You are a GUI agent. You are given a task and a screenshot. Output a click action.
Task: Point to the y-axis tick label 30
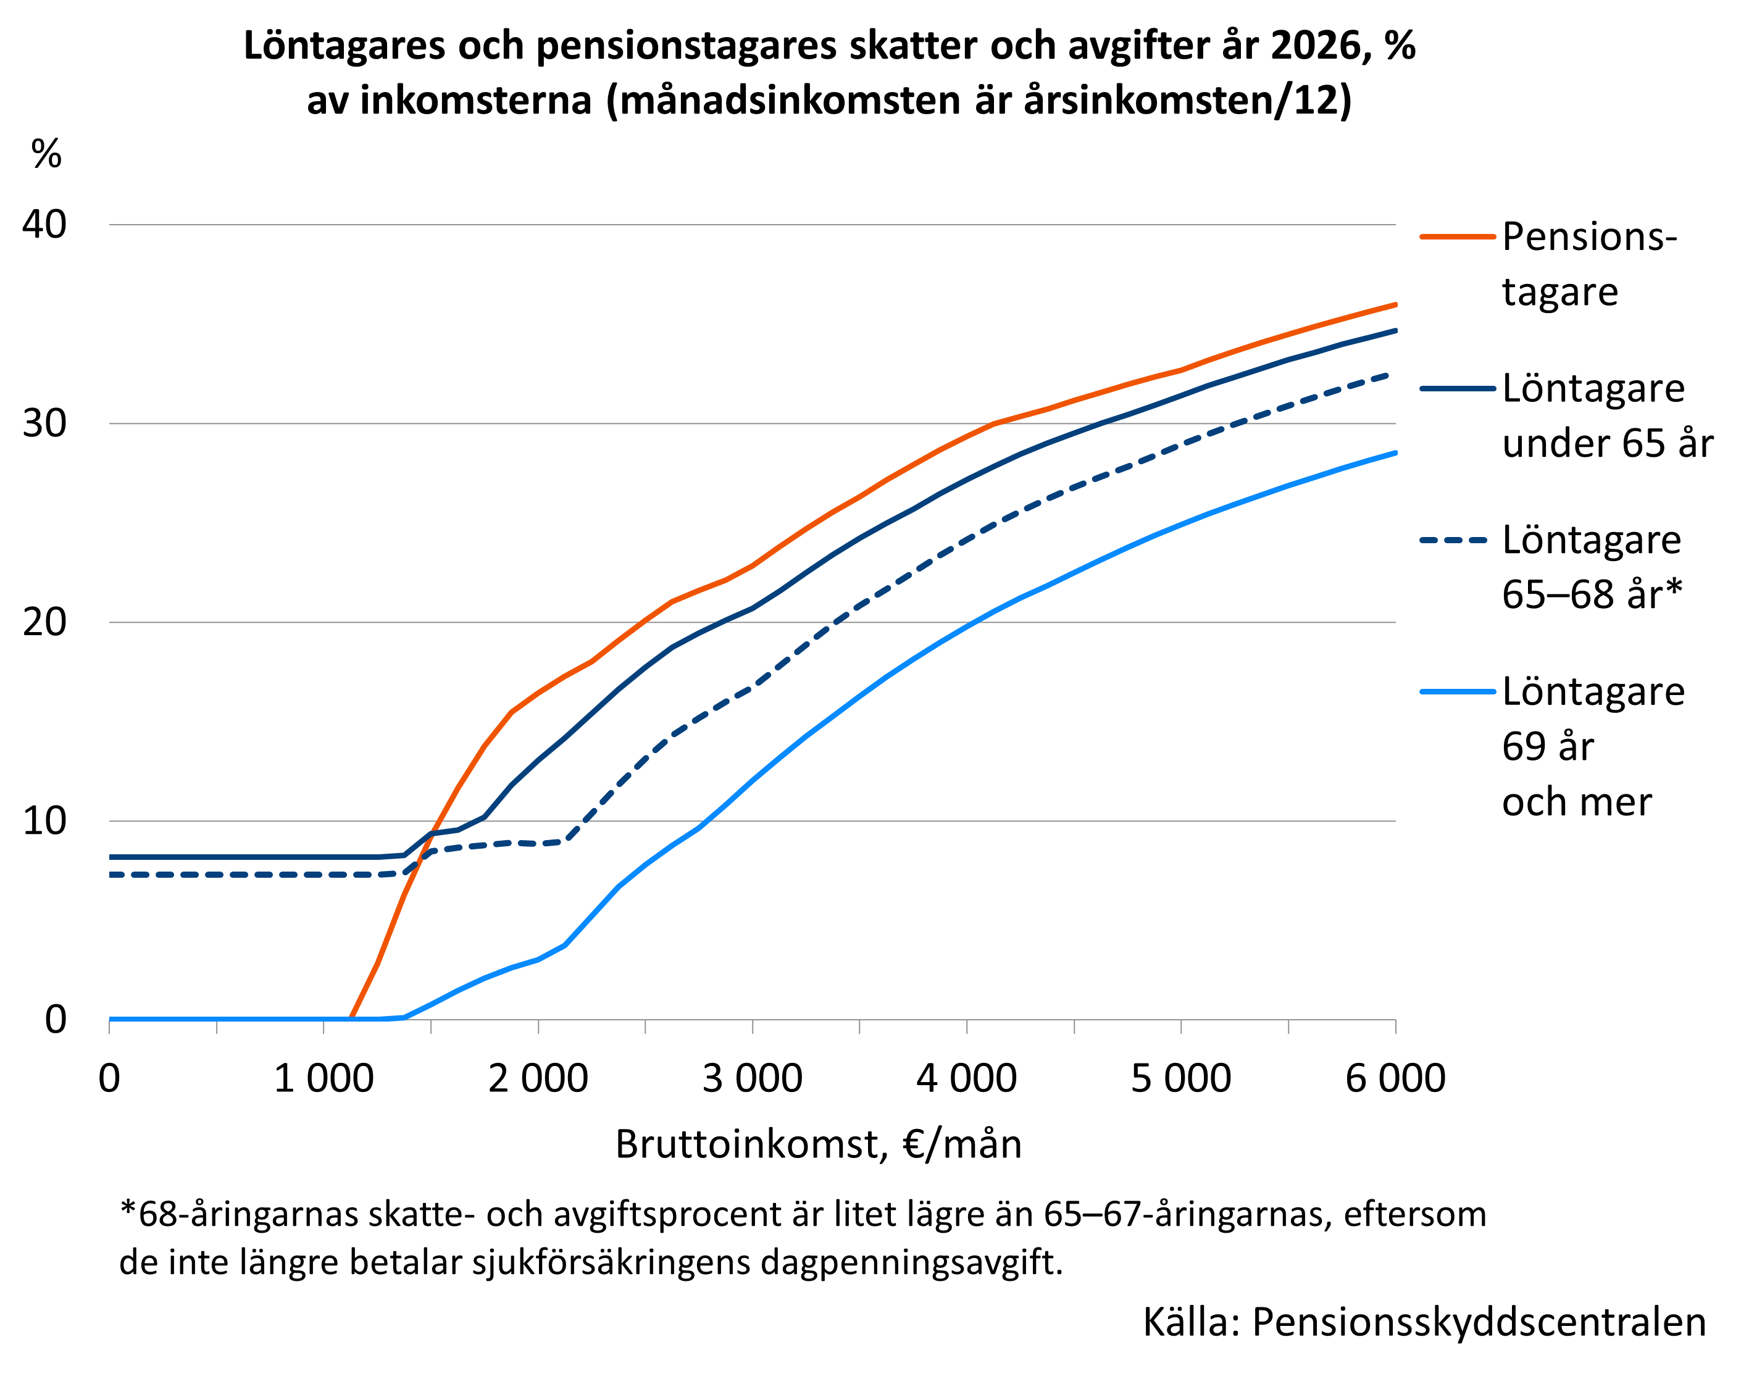44,423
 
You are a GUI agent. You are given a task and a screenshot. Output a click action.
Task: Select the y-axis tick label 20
44,622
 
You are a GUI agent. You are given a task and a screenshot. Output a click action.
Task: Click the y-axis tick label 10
44,821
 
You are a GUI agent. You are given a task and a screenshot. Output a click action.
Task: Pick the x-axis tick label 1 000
324,1078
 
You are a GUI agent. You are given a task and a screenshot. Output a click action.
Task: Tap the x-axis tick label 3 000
752,1078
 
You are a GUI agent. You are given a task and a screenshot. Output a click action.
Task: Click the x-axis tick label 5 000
1180,1078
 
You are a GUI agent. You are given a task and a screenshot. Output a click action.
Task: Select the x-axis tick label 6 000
1395,1078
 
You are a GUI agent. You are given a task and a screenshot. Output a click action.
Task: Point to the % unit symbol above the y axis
46,154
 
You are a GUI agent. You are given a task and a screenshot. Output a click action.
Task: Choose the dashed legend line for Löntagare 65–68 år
1457,540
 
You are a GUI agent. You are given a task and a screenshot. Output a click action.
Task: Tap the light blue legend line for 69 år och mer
1457,692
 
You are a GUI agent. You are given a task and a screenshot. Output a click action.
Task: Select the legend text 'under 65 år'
1607,444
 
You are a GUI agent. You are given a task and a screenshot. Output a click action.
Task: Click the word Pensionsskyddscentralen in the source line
1479,1322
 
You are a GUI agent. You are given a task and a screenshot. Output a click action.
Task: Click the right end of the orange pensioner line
1395,304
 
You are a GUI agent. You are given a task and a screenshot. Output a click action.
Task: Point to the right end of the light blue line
1395,453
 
